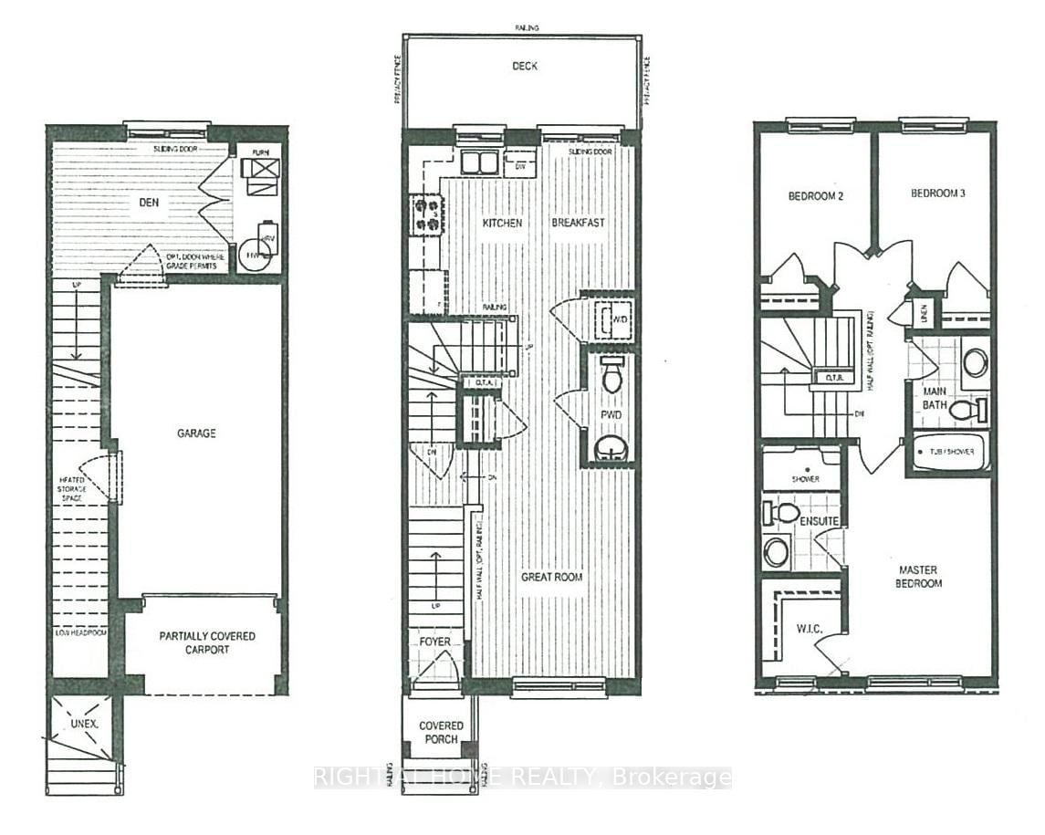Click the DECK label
(525, 66)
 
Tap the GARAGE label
(196, 433)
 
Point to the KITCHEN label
(502, 223)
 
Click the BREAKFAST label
(578, 223)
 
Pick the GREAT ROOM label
(551, 577)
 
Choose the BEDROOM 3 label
(935, 193)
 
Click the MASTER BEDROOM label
(919, 577)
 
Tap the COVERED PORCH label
(441, 732)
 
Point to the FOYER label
(434, 642)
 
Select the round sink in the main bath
(974, 362)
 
